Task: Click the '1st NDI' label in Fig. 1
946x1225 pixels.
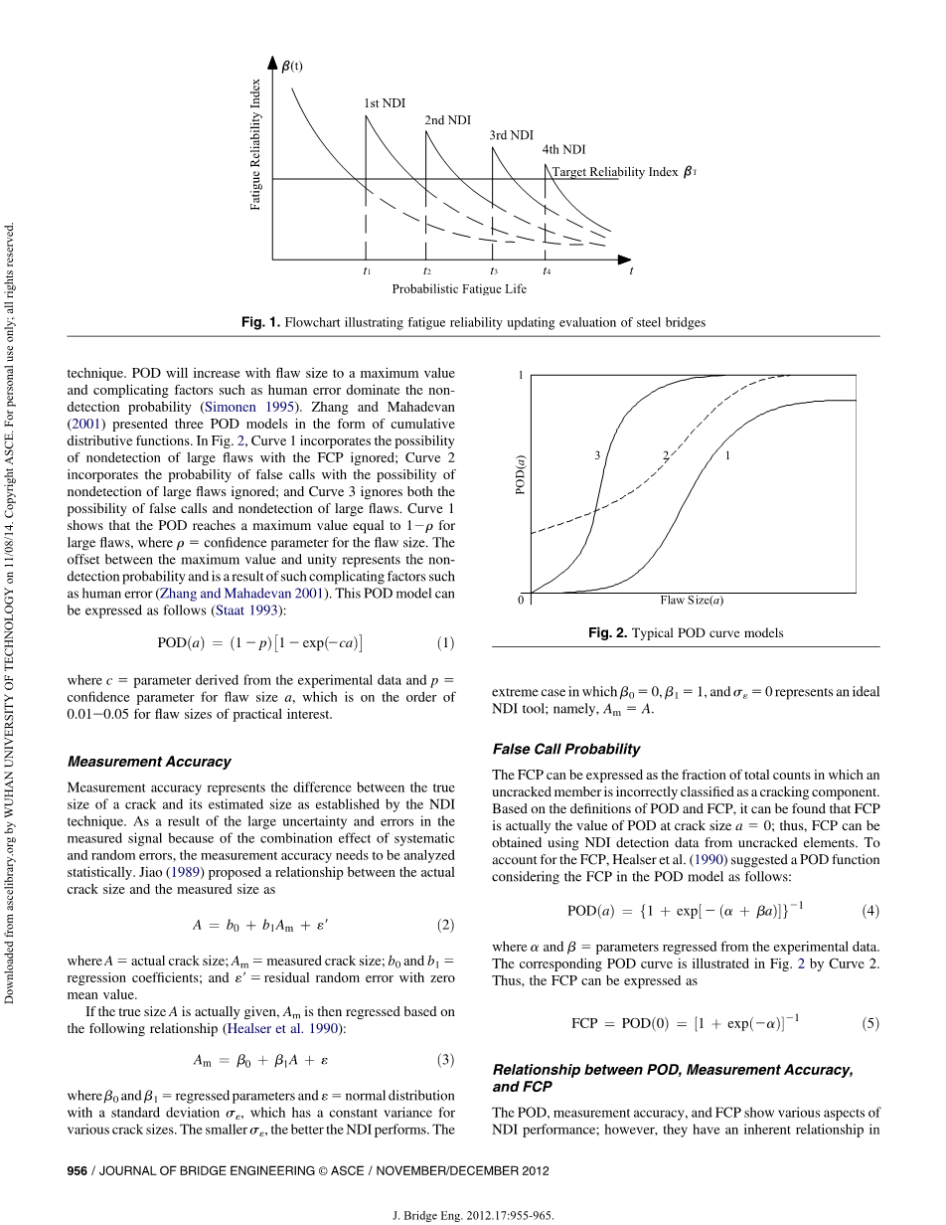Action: (385, 103)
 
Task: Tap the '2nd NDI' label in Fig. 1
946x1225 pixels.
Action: (447, 120)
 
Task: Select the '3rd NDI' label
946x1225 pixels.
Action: (511, 135)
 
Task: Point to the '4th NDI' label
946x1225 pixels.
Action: (563, 150)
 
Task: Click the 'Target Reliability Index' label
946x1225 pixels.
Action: (615, 172)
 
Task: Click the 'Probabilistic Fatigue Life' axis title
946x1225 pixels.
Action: (459, 289)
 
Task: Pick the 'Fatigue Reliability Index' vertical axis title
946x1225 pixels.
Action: (255, 144)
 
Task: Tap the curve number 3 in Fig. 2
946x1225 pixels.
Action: (597, 455)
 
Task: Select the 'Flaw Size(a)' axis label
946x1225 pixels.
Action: (692, 601)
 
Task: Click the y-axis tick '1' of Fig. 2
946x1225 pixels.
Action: (520, 376)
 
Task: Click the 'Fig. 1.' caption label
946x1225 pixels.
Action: (261, 322)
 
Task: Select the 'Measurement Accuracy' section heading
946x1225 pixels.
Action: (149, 762)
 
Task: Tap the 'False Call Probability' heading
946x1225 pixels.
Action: (566, 749)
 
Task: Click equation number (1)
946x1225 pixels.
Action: (446, 643)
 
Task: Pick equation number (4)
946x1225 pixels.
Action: (870, 910)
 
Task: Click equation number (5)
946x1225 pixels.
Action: (870, 1023)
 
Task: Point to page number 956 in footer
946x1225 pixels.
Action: (78, 1170)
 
